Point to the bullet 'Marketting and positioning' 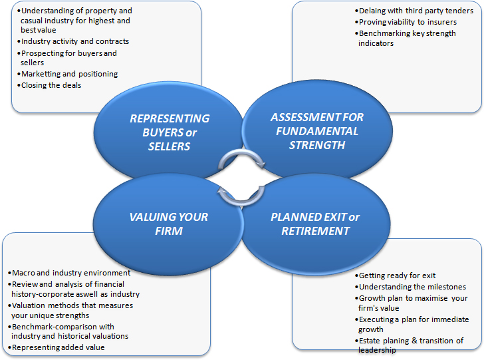[68, 74]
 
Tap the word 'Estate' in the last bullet [370, 341]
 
